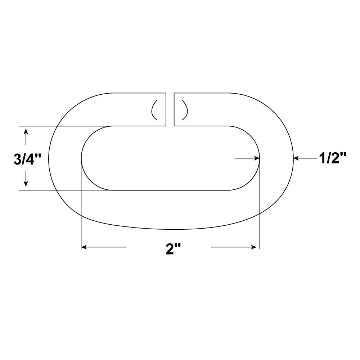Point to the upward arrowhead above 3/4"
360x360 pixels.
(26, 132)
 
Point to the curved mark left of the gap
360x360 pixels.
(154, 109)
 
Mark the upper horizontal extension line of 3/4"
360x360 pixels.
(65, 126)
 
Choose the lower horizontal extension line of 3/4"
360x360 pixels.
(65, 190)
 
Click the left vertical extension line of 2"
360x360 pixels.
(82, 216)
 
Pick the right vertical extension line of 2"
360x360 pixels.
(260, 216)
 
